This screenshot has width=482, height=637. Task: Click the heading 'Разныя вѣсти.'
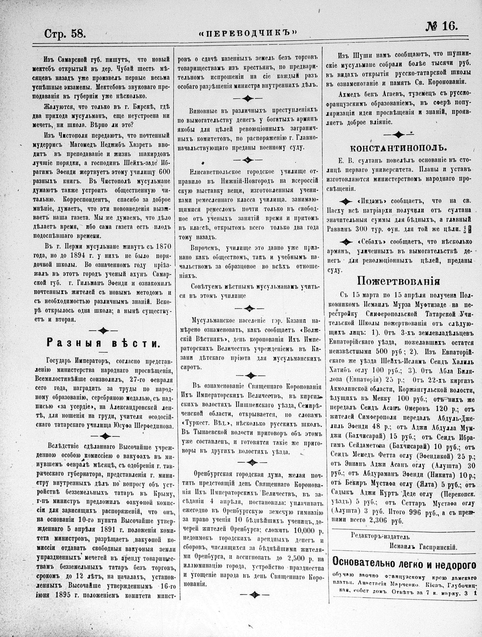[x=103, y=344]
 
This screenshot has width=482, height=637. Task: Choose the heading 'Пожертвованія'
[x=400, y=281]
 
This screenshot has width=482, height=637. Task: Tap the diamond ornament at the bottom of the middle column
[x=250, y=595]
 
